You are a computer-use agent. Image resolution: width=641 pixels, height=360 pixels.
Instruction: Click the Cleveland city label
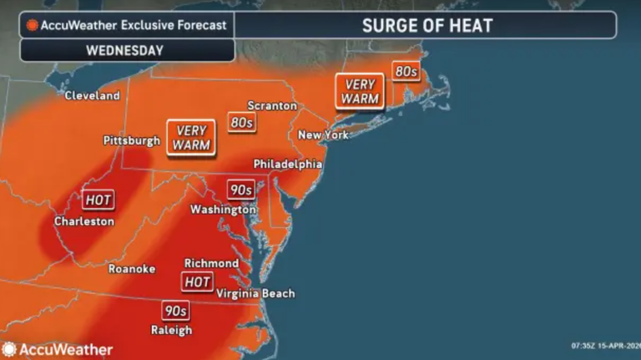pos(93,95)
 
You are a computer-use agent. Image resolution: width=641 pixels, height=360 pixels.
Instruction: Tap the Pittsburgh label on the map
pos(131,140)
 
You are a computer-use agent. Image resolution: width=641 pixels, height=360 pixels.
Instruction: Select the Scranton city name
pos(272,106)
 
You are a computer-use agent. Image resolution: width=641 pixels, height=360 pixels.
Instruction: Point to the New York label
pos(323,135)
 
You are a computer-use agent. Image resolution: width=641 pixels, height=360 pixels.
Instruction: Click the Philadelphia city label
pos(288,165)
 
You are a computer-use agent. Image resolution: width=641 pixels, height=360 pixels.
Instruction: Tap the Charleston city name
pos(83,221)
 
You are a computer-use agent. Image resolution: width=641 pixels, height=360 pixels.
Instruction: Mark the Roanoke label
pos(131,269)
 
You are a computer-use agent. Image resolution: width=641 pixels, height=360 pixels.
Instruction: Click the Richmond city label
pos(211,263)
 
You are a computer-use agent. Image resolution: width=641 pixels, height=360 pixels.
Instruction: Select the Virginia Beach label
pos(255,293)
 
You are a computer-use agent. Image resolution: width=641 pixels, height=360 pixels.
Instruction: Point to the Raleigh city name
pos(172,330)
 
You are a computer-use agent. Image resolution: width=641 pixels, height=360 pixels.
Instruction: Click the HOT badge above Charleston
pos(98,200)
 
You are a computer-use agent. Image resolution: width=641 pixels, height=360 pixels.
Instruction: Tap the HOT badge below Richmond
pos(198,281)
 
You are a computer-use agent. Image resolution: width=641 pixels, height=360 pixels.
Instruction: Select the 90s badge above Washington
pos(240,190)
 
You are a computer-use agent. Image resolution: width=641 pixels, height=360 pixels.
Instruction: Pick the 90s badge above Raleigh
pos(175,311)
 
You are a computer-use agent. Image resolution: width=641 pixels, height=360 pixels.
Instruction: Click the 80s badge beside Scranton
pos(242,123)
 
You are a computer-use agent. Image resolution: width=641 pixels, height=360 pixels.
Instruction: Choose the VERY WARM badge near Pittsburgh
pos(191,137)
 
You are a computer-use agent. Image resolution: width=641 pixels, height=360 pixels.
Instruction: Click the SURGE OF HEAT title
pos(426,25)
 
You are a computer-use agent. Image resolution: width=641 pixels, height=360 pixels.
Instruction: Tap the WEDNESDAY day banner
pos(124,50)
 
